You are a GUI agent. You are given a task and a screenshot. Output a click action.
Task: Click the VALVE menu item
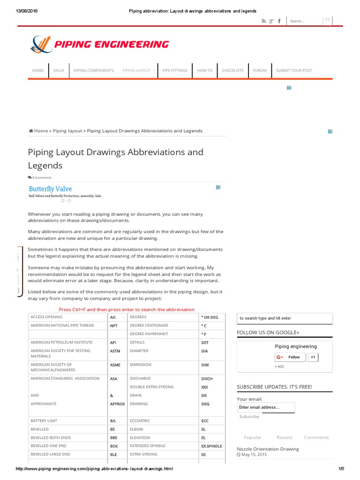tap(59, 70)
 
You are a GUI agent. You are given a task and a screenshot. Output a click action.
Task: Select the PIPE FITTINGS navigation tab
tap(174, 70)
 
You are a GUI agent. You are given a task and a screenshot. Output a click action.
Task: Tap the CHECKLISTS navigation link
tap(232, 70)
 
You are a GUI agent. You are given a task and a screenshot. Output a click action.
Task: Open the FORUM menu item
tap(259, 70)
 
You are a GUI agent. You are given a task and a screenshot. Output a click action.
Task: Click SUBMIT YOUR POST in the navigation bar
tap(294, 70)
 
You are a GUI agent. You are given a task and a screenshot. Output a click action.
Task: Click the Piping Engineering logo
tap(99, 45)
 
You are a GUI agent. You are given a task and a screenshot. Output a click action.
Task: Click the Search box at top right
tap(304, 21)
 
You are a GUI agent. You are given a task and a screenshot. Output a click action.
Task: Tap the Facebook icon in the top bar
tap(279, 21)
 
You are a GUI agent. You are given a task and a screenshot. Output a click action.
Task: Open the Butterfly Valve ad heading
tap(50, 189)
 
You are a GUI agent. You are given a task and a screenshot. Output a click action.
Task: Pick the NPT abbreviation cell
tap(113, 325)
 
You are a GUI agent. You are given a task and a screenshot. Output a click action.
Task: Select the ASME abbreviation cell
tap(115, 365)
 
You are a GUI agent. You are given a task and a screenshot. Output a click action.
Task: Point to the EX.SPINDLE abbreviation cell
tap(211, 446)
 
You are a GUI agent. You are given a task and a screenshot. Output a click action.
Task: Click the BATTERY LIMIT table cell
tap(44, 421)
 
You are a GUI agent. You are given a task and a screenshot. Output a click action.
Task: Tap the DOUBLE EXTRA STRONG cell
tap(151, 387)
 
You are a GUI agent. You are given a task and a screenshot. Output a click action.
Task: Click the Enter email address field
tap(266, 407)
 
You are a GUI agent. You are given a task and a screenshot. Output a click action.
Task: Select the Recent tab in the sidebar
tap(285, 437)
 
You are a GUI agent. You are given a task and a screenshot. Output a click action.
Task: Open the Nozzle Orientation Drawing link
tap(268, 449)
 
